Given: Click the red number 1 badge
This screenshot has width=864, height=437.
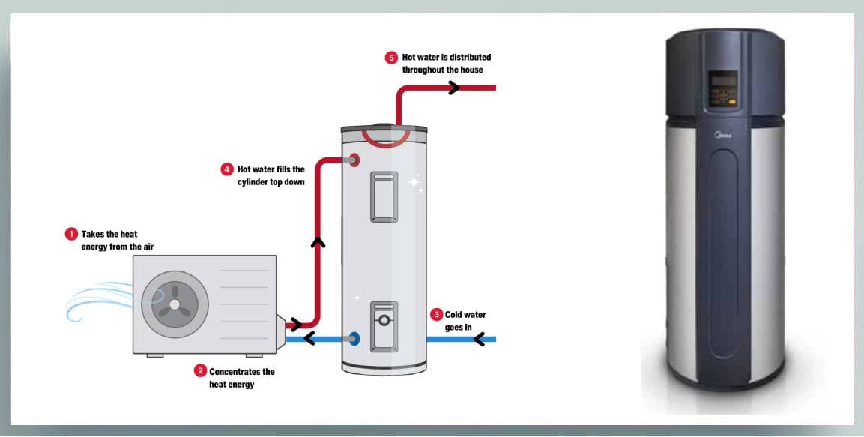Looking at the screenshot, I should click(x=72, y=234).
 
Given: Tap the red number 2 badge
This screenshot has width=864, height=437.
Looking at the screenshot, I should click(x=200, y=371).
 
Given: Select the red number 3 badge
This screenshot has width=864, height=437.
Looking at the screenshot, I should click(x=437, y=314).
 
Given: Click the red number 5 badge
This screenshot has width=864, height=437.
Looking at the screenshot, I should click(x=391, y=58).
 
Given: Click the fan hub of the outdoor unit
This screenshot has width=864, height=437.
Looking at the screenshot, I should click(x=175, y=304).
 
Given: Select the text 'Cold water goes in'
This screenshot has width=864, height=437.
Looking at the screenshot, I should click(x=465, y=321).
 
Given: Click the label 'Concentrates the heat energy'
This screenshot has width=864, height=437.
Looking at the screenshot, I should click(x=241, y=378).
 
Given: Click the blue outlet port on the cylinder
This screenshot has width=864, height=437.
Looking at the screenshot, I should click(x=354, y=339).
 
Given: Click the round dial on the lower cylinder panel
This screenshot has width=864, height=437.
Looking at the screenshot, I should click(x=384, y=320).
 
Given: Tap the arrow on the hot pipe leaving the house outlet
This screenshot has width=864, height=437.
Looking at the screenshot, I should click(x=454, y=88).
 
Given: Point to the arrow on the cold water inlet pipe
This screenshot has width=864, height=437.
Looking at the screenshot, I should click(x=479, y=339).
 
